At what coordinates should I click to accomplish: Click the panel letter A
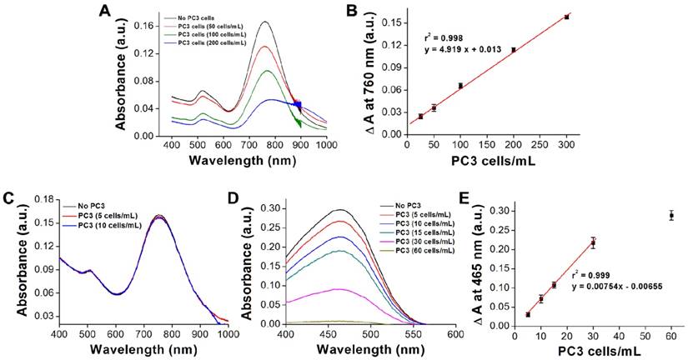[x=104, y=11]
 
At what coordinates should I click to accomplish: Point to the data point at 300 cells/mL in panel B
[x=567, y=17]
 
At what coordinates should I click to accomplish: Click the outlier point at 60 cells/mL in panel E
[x=671, y=215]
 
